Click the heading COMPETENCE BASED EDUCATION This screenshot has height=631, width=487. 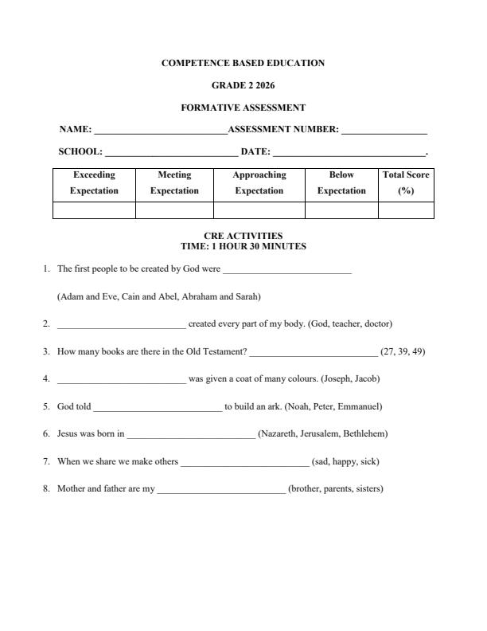pos(243,63)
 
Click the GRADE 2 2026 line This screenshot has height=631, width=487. pos(243,85)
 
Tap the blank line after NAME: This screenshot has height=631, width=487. pos(160,130)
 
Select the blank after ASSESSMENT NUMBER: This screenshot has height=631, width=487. pos(384,130)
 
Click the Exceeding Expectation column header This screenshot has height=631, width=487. pos(94,183)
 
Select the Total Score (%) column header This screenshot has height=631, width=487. pos(406,183)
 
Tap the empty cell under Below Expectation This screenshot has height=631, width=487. pos(341,210)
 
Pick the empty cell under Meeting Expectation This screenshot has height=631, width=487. pos(174,210)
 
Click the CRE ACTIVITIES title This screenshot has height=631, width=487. pos(243,236)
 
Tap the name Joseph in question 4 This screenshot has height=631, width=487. pos(335,378)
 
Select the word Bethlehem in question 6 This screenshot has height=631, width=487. pos(364,434)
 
